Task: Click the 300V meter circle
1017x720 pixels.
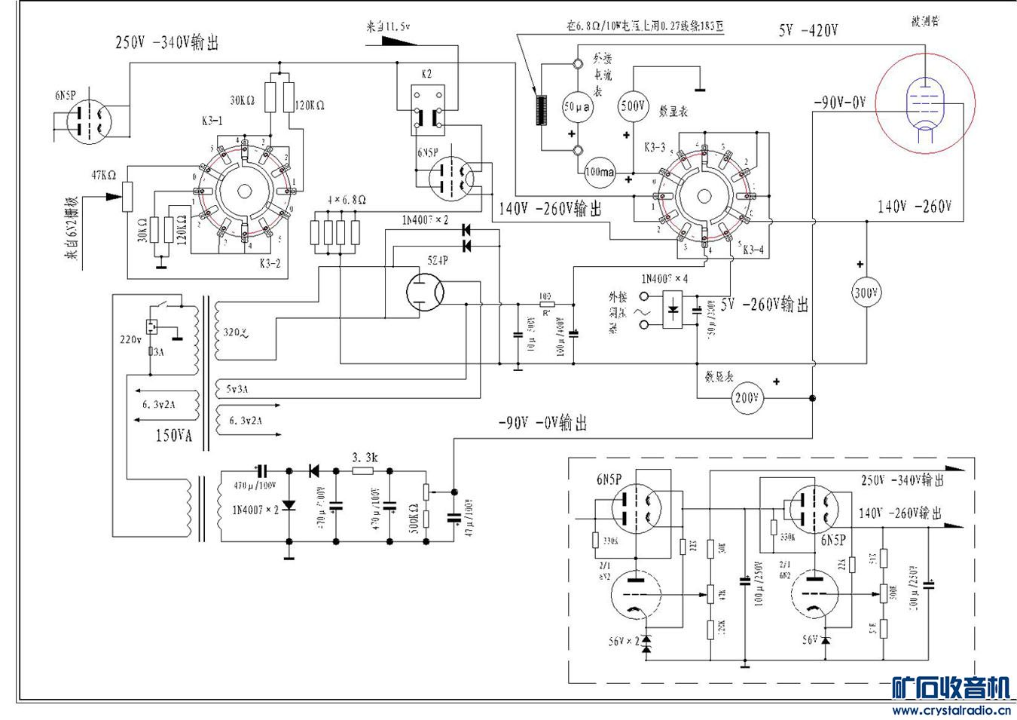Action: (866, 293)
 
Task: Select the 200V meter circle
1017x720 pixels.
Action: (746, 397)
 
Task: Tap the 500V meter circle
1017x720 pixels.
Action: (633, 106)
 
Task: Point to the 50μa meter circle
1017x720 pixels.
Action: (577, 107)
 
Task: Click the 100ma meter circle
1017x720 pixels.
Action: (599, 172)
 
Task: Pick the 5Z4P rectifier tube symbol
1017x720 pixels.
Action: (424, 292)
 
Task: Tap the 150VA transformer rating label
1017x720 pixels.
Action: (173, 436)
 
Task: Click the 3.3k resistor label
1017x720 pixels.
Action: (365, 458)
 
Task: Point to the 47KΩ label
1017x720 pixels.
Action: (104, 176)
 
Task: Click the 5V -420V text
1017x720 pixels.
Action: (808, 31)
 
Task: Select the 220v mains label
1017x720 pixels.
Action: (130, 339)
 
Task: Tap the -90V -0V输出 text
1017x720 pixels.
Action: (542, 424)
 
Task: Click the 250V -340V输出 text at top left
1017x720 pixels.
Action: (166, 43)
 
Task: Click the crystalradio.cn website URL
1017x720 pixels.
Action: (951, 709)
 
